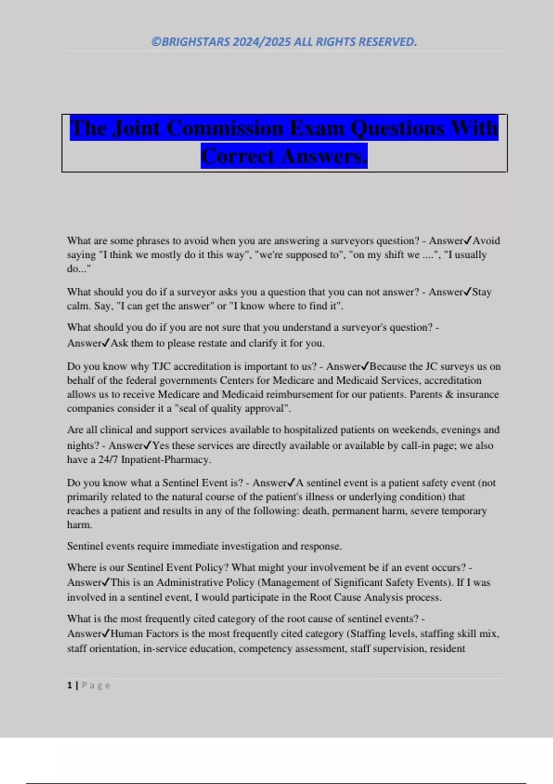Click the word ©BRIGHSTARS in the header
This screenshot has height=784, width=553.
191,42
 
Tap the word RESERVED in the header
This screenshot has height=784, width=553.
388,42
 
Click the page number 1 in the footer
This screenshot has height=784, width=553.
70,685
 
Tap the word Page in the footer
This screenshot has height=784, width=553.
96,685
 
